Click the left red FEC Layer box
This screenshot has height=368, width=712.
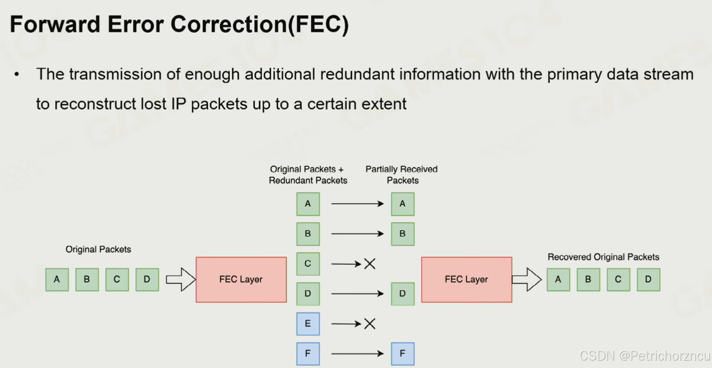coord(241,279)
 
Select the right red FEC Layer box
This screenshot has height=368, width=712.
coord(467,279)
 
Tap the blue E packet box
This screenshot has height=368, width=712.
coord(308,324)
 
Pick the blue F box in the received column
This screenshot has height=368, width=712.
coord(403,354)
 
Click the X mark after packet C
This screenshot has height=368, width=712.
coord(370,264)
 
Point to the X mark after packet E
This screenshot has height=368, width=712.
coord(370,324)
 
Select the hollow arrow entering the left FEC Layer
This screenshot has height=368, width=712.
coord(181,279)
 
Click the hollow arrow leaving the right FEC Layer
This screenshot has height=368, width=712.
coord(527,279)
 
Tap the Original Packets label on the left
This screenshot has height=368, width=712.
coord(98,249)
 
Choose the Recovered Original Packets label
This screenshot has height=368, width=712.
coord(603,257)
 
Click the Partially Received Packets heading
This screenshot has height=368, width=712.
coord(402,175)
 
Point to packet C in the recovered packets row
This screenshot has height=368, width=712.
coord(618,279)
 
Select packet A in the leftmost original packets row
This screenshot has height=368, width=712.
coord(57,279)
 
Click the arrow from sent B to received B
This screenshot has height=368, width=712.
coord(357,234)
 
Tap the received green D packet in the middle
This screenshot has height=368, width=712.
coord(403,293)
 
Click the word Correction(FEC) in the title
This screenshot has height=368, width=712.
coord(260,24)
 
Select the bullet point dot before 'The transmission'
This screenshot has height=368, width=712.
coord(16,75)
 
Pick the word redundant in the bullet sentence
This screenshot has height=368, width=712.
coord(359,75)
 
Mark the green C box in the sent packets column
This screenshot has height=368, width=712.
coord(308,264)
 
